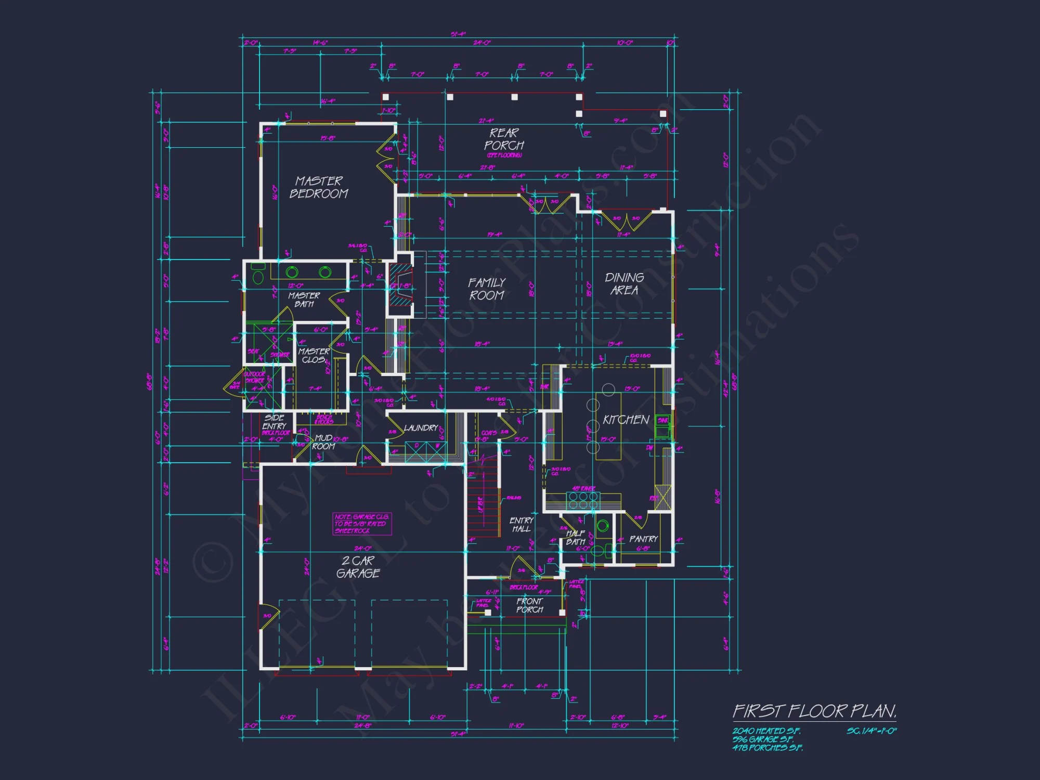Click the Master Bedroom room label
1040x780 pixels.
tap(319, 187)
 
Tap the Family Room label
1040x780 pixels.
tap(487, 289)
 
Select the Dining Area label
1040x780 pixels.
tap(624, 284)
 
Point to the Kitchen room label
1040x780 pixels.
tap(626, 420)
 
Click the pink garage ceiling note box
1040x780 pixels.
tap(362, 524)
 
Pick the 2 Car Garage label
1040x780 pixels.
tap(358, 567)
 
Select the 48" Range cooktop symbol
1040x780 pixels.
tap(583, 500)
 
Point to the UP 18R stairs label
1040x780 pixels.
tap(480, 505)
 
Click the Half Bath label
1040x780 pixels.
tap(576, 538)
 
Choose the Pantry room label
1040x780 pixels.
tap(643, 539)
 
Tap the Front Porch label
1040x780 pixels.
tap(529, 605)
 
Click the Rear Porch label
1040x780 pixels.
tap(504, 139)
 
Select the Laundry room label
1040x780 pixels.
tap(421, 428)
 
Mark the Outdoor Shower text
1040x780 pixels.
tap(255, 378)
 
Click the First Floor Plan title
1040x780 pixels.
tap(814, 711)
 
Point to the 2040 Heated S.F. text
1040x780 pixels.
tap(766, 731)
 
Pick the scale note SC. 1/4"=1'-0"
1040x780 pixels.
tap(872, 731)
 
